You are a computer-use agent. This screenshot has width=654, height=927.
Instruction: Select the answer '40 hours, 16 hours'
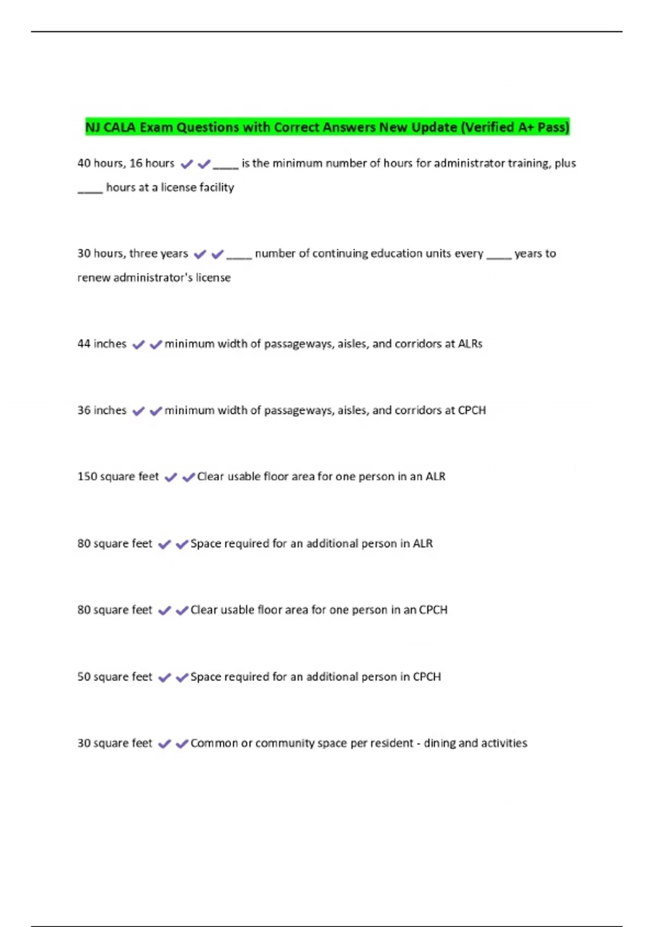point(126,163)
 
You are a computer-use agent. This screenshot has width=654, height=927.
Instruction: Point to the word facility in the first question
point(216,188)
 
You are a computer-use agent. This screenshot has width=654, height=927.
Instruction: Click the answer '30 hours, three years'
point(132,254)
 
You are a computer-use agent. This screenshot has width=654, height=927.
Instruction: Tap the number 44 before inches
point(84,344)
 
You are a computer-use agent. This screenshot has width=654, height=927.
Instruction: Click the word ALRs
point(470,344)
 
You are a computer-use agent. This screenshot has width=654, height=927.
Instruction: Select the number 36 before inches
point(84,411)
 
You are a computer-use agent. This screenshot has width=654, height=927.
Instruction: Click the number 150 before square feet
point(87,477)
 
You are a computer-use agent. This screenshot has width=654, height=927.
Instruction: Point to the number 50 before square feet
point(84,677)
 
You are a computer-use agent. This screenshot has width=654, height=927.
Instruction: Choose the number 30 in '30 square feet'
point(84,743)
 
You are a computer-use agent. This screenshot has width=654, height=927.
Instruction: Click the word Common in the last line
point(214,743)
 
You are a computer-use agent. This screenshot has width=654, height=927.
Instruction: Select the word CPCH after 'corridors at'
point(471,411)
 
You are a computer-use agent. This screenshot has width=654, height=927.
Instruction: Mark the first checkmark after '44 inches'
point(139,345)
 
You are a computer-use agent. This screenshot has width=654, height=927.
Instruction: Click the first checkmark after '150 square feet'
point(171,478)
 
